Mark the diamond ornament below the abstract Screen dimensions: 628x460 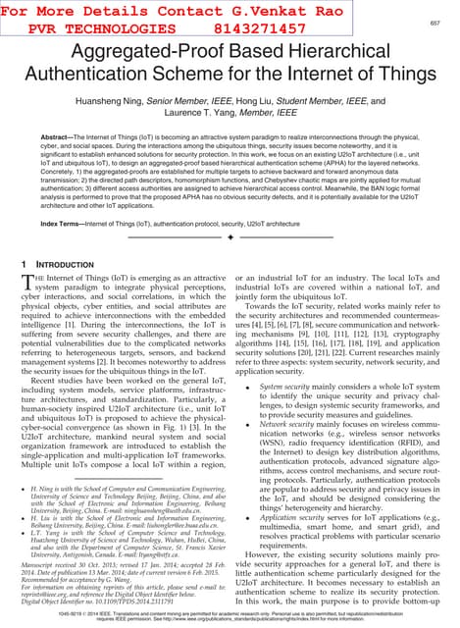click(x=230, y=238)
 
